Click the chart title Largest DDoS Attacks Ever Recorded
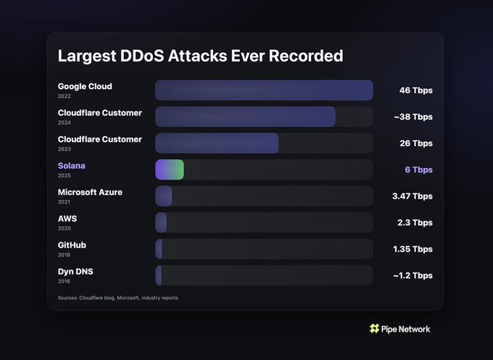point(200,56)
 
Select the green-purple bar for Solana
point(170,169)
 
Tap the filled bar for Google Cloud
point(264,91)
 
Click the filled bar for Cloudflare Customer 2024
point(245,117)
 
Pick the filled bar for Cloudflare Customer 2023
point(217,143)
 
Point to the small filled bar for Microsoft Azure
point(164,196)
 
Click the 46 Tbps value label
point(415,91)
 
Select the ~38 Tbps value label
point(413,117)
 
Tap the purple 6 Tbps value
point(418,169)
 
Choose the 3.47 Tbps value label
point(412,196)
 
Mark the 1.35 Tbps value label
point(412,249)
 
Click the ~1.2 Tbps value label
point(413,275)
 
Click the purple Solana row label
point(72,166)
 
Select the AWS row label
point(68,218)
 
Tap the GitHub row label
point(72,245)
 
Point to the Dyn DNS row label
point(75,271)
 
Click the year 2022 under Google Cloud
point(65,96)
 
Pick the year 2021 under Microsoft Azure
point(65,201)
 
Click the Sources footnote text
point(117,298)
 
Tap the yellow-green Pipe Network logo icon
point(374,329)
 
